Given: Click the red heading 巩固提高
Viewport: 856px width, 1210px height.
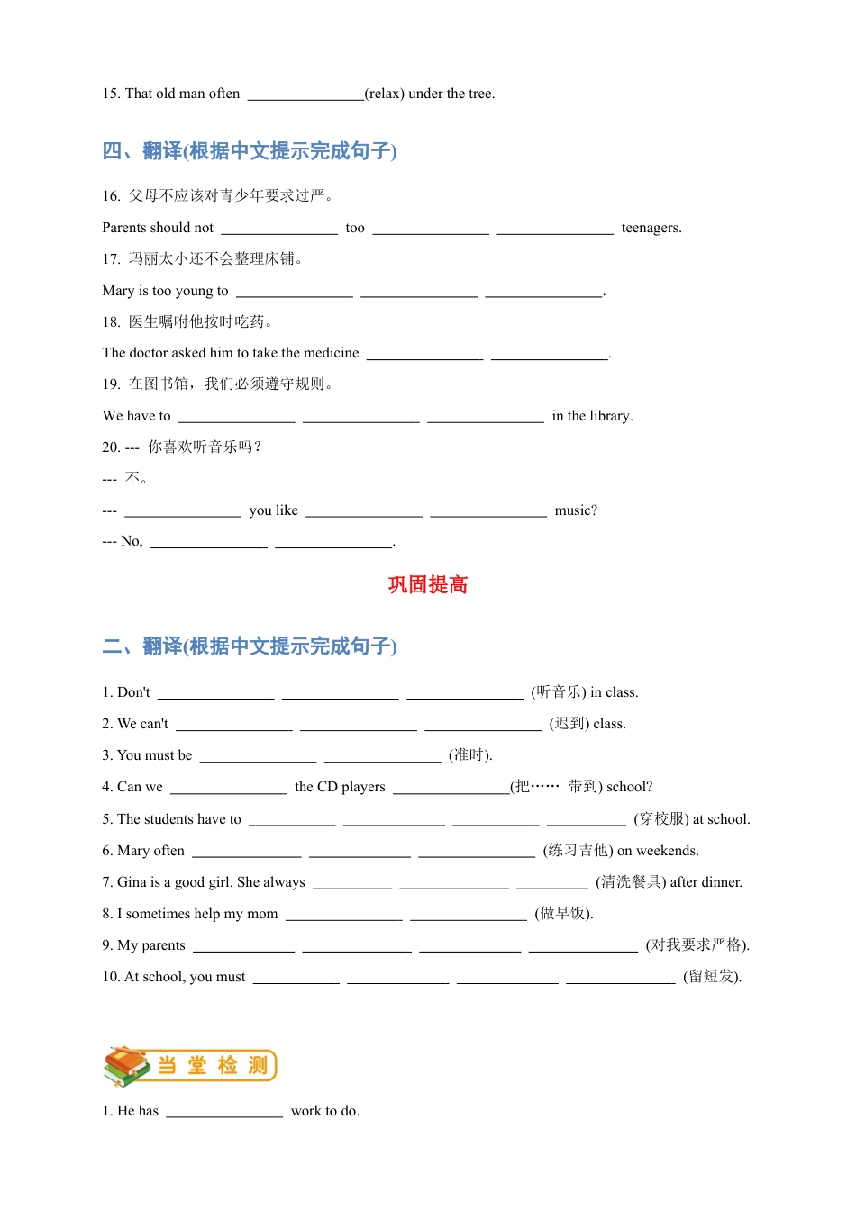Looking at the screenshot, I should pyautogui.click(x=428, y=585).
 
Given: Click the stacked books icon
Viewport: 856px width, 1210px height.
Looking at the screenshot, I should pyautogui.click(x=126, y=1066).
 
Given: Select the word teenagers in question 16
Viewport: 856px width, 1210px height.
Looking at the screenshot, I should pyautogui.click(x=651, y=228).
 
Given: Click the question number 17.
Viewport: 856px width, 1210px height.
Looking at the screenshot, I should pyautogui.click(x=111, y=259).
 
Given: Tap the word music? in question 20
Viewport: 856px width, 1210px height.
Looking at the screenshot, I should pyautogui.click(x=576, y=510).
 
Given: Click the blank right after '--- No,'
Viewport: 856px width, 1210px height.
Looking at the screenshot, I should pyautogui.click(x=209, y=542).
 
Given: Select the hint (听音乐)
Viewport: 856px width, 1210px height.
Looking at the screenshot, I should pyautogui.click(x=559, y=692).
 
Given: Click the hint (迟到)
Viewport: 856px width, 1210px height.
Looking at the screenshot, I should pyautogui.click(x=569, y=724).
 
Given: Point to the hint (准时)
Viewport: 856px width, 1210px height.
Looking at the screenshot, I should pyautogui.click(x=470, y=755).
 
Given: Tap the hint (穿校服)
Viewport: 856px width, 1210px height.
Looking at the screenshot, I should pyautogui.click(x=661, y=819).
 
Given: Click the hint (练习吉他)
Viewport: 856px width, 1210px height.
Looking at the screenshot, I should pyautogui.click(x=578, y=851).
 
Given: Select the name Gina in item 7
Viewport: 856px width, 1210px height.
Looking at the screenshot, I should pyautogui.click(x=132, y=882).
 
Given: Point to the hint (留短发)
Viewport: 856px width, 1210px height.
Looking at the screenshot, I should pyautogui.click(x=712, y=977).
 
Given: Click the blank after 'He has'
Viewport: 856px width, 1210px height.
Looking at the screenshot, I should pyautogui.click(x=224, y=1112).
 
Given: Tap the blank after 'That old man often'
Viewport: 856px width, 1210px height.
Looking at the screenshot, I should pyautogui.click(x=305, y=95).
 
